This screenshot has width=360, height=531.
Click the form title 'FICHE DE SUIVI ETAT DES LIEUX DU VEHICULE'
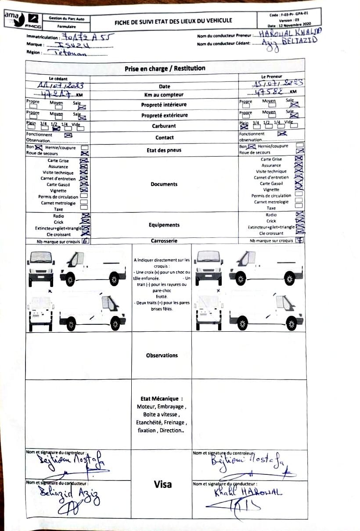(173, 21)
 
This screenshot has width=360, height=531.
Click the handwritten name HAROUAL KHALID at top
(290, 33)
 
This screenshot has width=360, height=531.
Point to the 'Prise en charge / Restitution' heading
(165, 68)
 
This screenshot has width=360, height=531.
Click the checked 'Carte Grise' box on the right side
(299, 159)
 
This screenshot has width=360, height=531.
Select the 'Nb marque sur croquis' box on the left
(86, 240)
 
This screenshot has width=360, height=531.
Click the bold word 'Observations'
(162, 355)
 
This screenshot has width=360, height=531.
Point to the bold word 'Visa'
(163, 484)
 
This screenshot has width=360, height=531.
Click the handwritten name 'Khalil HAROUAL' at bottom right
(248, 492)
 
